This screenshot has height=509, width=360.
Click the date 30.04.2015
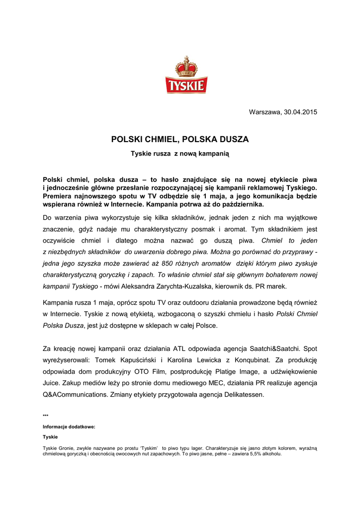point(300,112)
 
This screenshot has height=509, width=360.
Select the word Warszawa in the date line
point(264,112)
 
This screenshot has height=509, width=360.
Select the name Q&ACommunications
point(83,394)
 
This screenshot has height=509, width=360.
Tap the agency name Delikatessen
point(244,394)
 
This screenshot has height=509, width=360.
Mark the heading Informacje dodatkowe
point(69,426)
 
